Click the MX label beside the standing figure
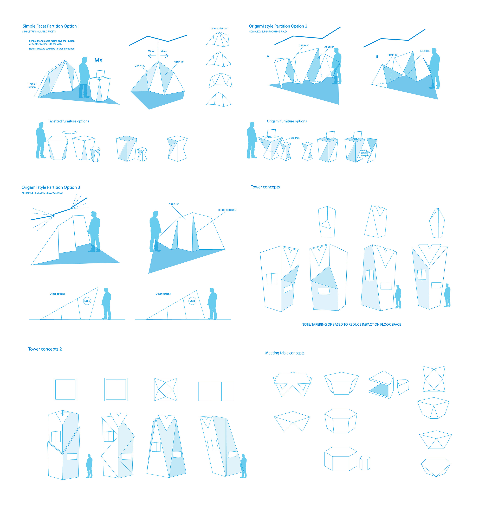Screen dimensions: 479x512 (98, 60)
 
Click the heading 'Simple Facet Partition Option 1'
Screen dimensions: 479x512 (51, 26)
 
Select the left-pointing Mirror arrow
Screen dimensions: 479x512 (152, 56)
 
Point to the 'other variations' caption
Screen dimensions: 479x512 (219, 29)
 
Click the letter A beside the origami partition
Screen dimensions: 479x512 (268, 56)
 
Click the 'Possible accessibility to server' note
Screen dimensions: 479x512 (365, 153)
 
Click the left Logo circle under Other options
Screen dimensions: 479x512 (87, 301)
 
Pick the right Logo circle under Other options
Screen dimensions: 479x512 (192, 301)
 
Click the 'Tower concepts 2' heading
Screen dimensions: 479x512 (45, 349)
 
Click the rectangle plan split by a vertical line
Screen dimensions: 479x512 (216, 391)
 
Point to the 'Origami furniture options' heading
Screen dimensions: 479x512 (287, 121)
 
